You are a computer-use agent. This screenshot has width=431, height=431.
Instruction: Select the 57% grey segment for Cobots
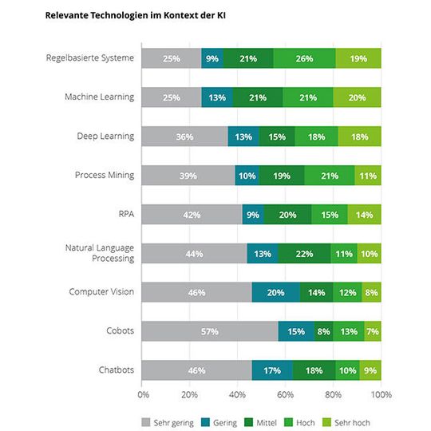pyautogui.click(x=211, y=331)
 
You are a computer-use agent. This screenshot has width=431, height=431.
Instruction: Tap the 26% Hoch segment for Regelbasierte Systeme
pyautogui.click(x=304, y=58)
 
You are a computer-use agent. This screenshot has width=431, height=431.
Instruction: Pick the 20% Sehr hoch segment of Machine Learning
pyautogui.click(x=357, y=97)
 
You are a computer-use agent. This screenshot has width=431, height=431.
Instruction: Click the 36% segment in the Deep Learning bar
pyautogui.click(x=185, y=136)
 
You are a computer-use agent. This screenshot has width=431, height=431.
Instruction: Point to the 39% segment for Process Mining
pyautogui.click(x=189, y=175)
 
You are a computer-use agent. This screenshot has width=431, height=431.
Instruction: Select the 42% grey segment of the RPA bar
pyautogui.click(x=192, y=214)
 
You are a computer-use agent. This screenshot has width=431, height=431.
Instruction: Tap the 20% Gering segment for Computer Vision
pyautogui.click(x=276, y=292)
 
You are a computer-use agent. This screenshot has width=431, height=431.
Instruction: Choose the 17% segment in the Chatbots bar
pyautogui.click(x=272, y=370)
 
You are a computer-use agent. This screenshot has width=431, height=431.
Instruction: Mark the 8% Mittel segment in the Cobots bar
pyautogui.click(x=323, y=331)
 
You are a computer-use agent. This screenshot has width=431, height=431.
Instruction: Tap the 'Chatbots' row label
pyautogui.click(x=116, y=370)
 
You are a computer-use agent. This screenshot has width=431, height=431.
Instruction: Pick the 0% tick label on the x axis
pyautogui.click(x=144, y=394)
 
